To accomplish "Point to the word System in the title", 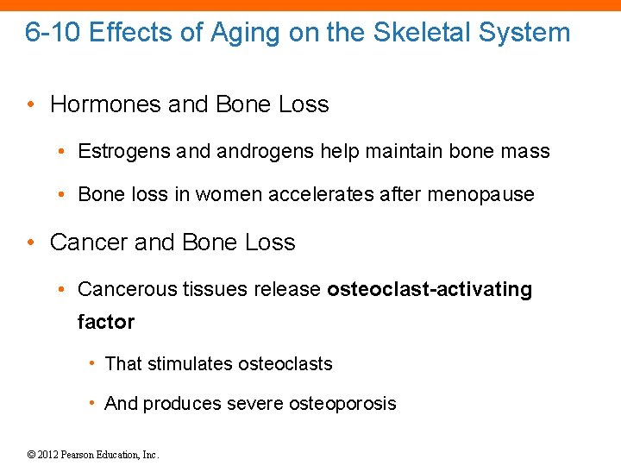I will (x=527, y=33).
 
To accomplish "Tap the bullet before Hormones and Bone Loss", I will (x=30, y=104).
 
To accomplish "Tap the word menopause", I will (x=488, y=194).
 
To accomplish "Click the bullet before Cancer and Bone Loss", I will (x=30, y=242).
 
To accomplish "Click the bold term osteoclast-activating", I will (x=430, y=289).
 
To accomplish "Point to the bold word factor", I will (x=106, y=322).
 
